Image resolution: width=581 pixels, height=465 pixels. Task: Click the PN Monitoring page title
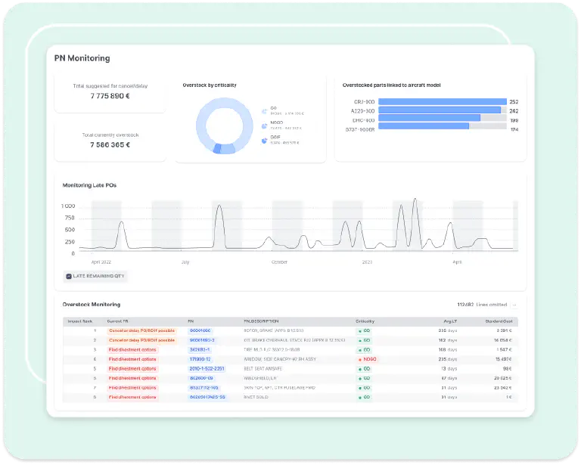(x=82, y=57)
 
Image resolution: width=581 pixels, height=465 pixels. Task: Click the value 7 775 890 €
(x=110, y=96)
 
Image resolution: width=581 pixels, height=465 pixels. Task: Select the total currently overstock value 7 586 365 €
(x=110, y=144)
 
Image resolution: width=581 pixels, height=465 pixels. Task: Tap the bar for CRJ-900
(x=442, y=101)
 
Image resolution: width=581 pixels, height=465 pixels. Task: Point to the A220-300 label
(x=364, y=110)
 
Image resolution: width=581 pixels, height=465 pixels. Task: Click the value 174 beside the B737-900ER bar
(x=514, y=129)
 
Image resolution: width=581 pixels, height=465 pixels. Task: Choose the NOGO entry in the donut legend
(x=276, y=125)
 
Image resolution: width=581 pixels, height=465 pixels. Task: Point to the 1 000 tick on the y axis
(x=68, y=206)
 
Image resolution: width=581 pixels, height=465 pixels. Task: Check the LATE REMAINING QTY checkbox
(x=69, y=277)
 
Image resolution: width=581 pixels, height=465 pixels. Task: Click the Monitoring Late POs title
(x=89, y=184)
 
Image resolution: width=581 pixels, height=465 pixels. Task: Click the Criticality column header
(x=365, y=321)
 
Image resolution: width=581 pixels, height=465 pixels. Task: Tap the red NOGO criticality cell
(x=367, y=359)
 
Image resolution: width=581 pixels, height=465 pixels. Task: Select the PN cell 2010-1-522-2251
(x=207, y=369)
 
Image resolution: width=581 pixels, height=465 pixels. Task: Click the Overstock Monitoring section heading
(x=91, y=304)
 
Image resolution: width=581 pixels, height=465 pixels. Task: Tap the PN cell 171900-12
(x=200, y=359)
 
